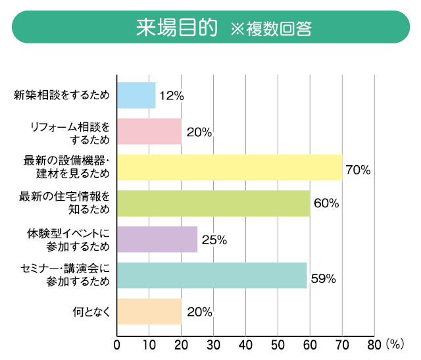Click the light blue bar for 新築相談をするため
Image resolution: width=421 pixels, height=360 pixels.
pyautogui.click(x=136, y=95)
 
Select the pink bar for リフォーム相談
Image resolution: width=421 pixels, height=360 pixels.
pyautogui.click(x=149, y=131)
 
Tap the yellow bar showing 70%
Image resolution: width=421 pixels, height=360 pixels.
pyautogui.click(x=230, y=167)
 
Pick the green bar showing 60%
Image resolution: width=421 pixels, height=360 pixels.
pyautogui.click(x=213, y=203)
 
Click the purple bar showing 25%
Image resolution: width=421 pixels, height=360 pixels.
pyautogui.click(x=157, y=240)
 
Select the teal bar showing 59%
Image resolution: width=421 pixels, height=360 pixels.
pyautogui.click(x=212, y=275)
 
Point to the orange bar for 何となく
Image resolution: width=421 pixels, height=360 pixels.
pyautogui.click(x=149, y=311)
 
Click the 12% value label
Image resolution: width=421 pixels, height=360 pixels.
pyautogui.click(x=171, y=96)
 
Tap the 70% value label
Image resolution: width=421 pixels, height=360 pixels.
pyautogui.click(x=358, y=170)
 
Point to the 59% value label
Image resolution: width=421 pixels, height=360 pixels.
pyautogui.click(x=323, y=278)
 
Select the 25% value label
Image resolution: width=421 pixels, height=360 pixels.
pyautogui.click(x=214, y=240)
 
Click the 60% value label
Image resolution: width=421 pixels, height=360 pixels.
pyautogui.click(x=326, y=203)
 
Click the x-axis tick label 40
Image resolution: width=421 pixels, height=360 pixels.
pyautogui.click(x=245, y=344)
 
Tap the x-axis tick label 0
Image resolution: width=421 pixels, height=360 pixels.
pyautogui.click(x=117, y=344)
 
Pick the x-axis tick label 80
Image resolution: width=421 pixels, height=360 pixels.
pyautogui.click(x=373, y=344)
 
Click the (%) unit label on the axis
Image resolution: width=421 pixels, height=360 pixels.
pyautogui.click(x=395, y=344)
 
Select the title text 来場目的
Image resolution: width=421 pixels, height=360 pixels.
pyautogui.click(x=176, y=28)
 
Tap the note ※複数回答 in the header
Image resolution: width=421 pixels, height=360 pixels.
pyautogui.click(x=270, y=29)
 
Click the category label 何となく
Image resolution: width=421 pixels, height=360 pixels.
pyautogui.click(x=91, y=311)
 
